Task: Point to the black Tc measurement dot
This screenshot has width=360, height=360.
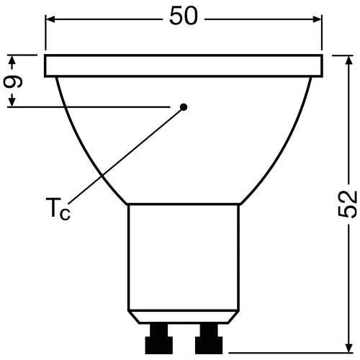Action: tap(184, 107)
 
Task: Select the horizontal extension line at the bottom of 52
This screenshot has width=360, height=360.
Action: tap(288, 353)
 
